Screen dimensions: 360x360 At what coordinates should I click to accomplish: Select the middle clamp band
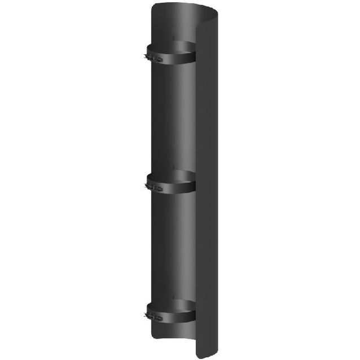click(x=175, y=187)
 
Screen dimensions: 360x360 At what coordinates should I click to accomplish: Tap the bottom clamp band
click(x=175, y=315)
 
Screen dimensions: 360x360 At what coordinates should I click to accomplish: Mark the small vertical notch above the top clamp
click(x=173, y=38)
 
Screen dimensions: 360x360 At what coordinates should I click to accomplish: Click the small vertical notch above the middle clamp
click(x=173, y=167)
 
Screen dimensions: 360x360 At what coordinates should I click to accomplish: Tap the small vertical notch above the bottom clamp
click(x=173, y=296)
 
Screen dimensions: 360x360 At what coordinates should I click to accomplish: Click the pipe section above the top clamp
click(x=172, y=25)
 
